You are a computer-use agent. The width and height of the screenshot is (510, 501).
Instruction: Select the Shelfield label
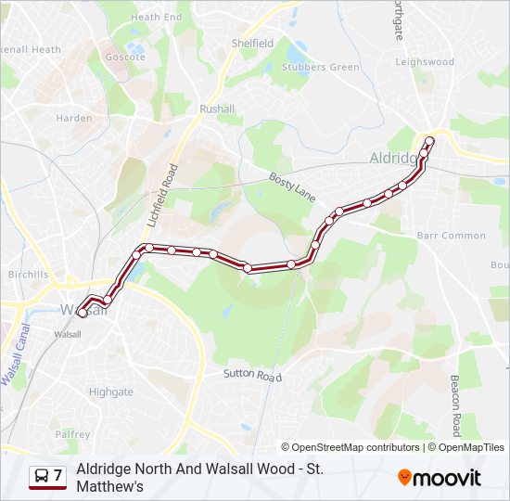click(252, 43)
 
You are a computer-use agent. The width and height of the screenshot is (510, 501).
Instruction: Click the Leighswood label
click(425, 62)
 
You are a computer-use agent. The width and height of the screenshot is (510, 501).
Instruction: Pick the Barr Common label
click(452, 236)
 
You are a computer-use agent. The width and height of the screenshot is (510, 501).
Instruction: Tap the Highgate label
click(111, 392)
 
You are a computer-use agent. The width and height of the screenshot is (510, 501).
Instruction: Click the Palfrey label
click(72, 434)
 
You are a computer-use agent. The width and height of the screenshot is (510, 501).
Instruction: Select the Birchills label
click(28, 275)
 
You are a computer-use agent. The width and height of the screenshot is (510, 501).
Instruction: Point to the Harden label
click(74, 118)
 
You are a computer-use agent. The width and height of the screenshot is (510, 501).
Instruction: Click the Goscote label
click(125, 57)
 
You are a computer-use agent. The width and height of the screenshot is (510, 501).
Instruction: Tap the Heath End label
click(156, 17)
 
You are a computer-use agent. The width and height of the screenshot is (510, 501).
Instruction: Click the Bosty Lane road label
click(292, 186)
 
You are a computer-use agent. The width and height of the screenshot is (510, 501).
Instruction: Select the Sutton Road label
click(251, 376)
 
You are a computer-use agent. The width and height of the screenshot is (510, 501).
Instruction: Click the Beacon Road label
click(455, 405)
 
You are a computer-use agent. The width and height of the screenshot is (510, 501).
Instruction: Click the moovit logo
click(440, 478)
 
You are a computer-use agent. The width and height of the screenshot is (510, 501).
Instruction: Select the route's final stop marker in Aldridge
click(429, 141)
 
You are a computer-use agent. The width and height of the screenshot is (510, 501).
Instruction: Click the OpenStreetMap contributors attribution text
click(351, 447)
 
